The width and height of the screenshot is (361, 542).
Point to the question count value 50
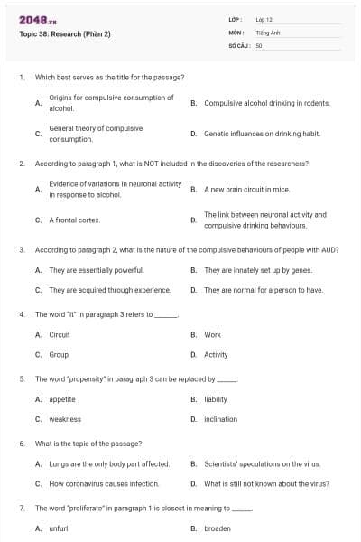[x=259, y=44]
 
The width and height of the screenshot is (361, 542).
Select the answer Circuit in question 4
[x=60, y=334]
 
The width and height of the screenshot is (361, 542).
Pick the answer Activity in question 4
[x=216, y=355]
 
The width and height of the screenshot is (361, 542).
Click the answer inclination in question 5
[x=221, y=419]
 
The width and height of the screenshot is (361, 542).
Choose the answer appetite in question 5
[x=62, y=398]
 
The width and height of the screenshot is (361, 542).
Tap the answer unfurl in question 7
[x=59, y=528]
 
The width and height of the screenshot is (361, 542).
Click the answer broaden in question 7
[x=218, y=528]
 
